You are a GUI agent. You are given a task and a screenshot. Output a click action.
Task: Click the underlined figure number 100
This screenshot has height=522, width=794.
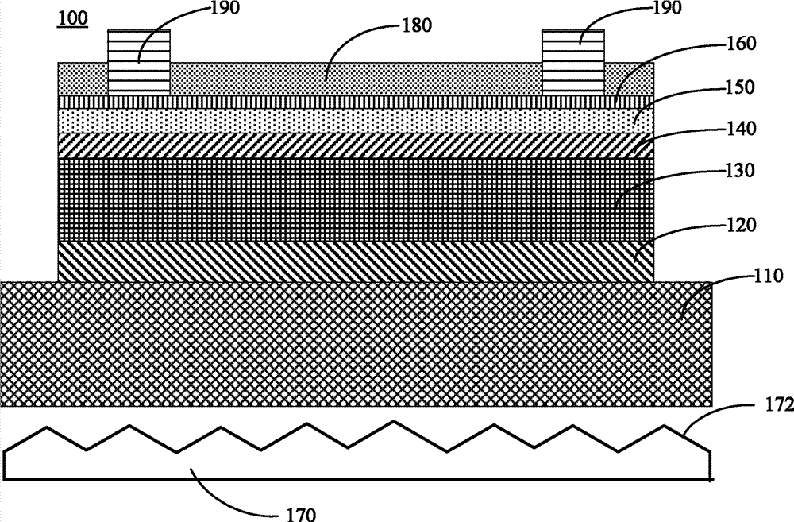[x=72, y=18]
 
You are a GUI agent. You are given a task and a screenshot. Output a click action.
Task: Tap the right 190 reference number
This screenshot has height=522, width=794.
[x=668, y=7]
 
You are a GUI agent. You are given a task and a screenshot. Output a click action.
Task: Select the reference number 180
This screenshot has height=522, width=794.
[x=417, y=25]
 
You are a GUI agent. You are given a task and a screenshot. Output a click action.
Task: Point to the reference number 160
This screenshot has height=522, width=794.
[x=741, y=44]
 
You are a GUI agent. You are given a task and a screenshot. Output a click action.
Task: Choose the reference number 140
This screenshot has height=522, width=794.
[x=742, y=129]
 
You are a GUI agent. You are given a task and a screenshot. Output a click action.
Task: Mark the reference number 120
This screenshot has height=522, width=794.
[x=741, y=224]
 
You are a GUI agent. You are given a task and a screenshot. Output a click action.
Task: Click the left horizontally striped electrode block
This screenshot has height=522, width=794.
[x=139, y=61]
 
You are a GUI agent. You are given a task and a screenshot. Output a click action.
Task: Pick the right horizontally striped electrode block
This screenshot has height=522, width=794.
[x=573, y=61]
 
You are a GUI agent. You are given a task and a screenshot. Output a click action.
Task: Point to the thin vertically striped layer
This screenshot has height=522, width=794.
[x=356, y=102]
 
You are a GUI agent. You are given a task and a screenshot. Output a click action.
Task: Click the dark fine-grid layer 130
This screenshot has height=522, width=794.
[x=356, y=199]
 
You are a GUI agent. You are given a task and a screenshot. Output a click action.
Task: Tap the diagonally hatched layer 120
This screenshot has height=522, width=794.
[x=356, y=261]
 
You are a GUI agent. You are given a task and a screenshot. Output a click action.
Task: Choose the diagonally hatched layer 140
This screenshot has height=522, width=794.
[x=356, y=146]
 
